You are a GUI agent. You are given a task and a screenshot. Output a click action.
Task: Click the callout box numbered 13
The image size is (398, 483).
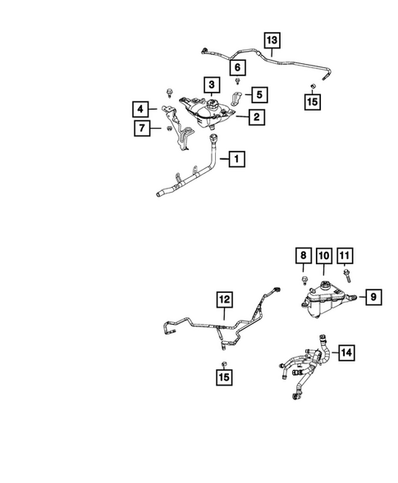272,40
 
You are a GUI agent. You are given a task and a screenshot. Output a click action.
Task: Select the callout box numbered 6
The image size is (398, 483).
237,67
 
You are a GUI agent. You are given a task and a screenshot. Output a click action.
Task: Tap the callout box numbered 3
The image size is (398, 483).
212,84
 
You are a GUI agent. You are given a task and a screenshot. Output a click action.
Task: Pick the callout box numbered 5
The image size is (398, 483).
259,94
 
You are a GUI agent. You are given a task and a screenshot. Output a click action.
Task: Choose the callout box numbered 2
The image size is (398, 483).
257,116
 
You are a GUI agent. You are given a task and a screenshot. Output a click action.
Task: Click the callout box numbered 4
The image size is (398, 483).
140,109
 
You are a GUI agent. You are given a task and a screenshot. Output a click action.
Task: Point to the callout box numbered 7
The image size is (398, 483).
142,128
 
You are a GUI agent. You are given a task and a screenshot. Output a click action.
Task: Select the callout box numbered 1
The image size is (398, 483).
237,159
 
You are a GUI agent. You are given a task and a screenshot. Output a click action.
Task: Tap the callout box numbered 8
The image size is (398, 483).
304,255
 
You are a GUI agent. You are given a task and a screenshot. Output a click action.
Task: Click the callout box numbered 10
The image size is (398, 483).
324,255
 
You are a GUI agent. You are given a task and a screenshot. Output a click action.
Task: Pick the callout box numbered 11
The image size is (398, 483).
345,255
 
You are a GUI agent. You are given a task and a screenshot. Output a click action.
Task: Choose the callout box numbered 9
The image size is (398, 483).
373,297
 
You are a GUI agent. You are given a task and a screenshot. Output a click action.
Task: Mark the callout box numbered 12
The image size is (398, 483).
224,299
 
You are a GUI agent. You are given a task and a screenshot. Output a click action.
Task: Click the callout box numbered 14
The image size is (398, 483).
346,353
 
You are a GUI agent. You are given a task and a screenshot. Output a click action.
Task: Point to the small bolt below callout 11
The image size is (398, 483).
347,276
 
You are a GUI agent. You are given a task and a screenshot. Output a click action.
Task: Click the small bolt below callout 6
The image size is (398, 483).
237,81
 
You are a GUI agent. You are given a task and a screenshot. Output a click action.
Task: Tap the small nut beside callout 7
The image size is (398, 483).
169,128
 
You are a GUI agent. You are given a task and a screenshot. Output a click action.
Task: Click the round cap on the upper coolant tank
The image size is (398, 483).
212,103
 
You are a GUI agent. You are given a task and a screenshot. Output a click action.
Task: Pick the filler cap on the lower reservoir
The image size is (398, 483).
324,285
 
